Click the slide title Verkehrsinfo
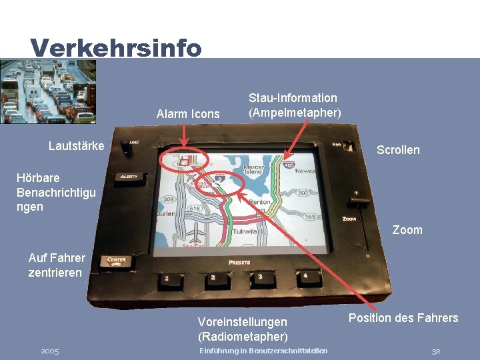tap(115, 47)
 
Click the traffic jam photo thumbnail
tap(47, 91)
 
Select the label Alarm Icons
tap(187, 114)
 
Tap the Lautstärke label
tap(76, 146)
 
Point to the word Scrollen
tap(398, 150)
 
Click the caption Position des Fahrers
tap(403, 318)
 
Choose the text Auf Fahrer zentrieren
tap(57, 265)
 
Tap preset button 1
tap(167, 279)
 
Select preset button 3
tap(259, 277)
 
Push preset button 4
tap(305, 276)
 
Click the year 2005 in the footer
tap(50, 351)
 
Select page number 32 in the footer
tap(436, 351)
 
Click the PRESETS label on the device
tap(239, 262)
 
